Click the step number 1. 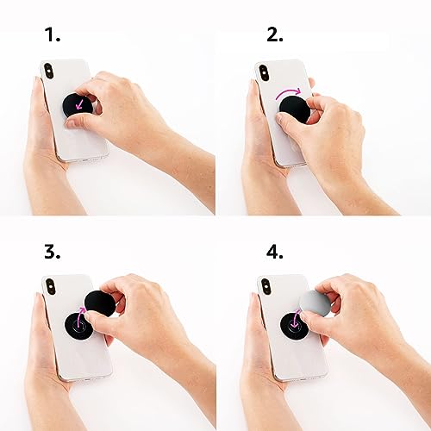[x=53, y=35]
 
